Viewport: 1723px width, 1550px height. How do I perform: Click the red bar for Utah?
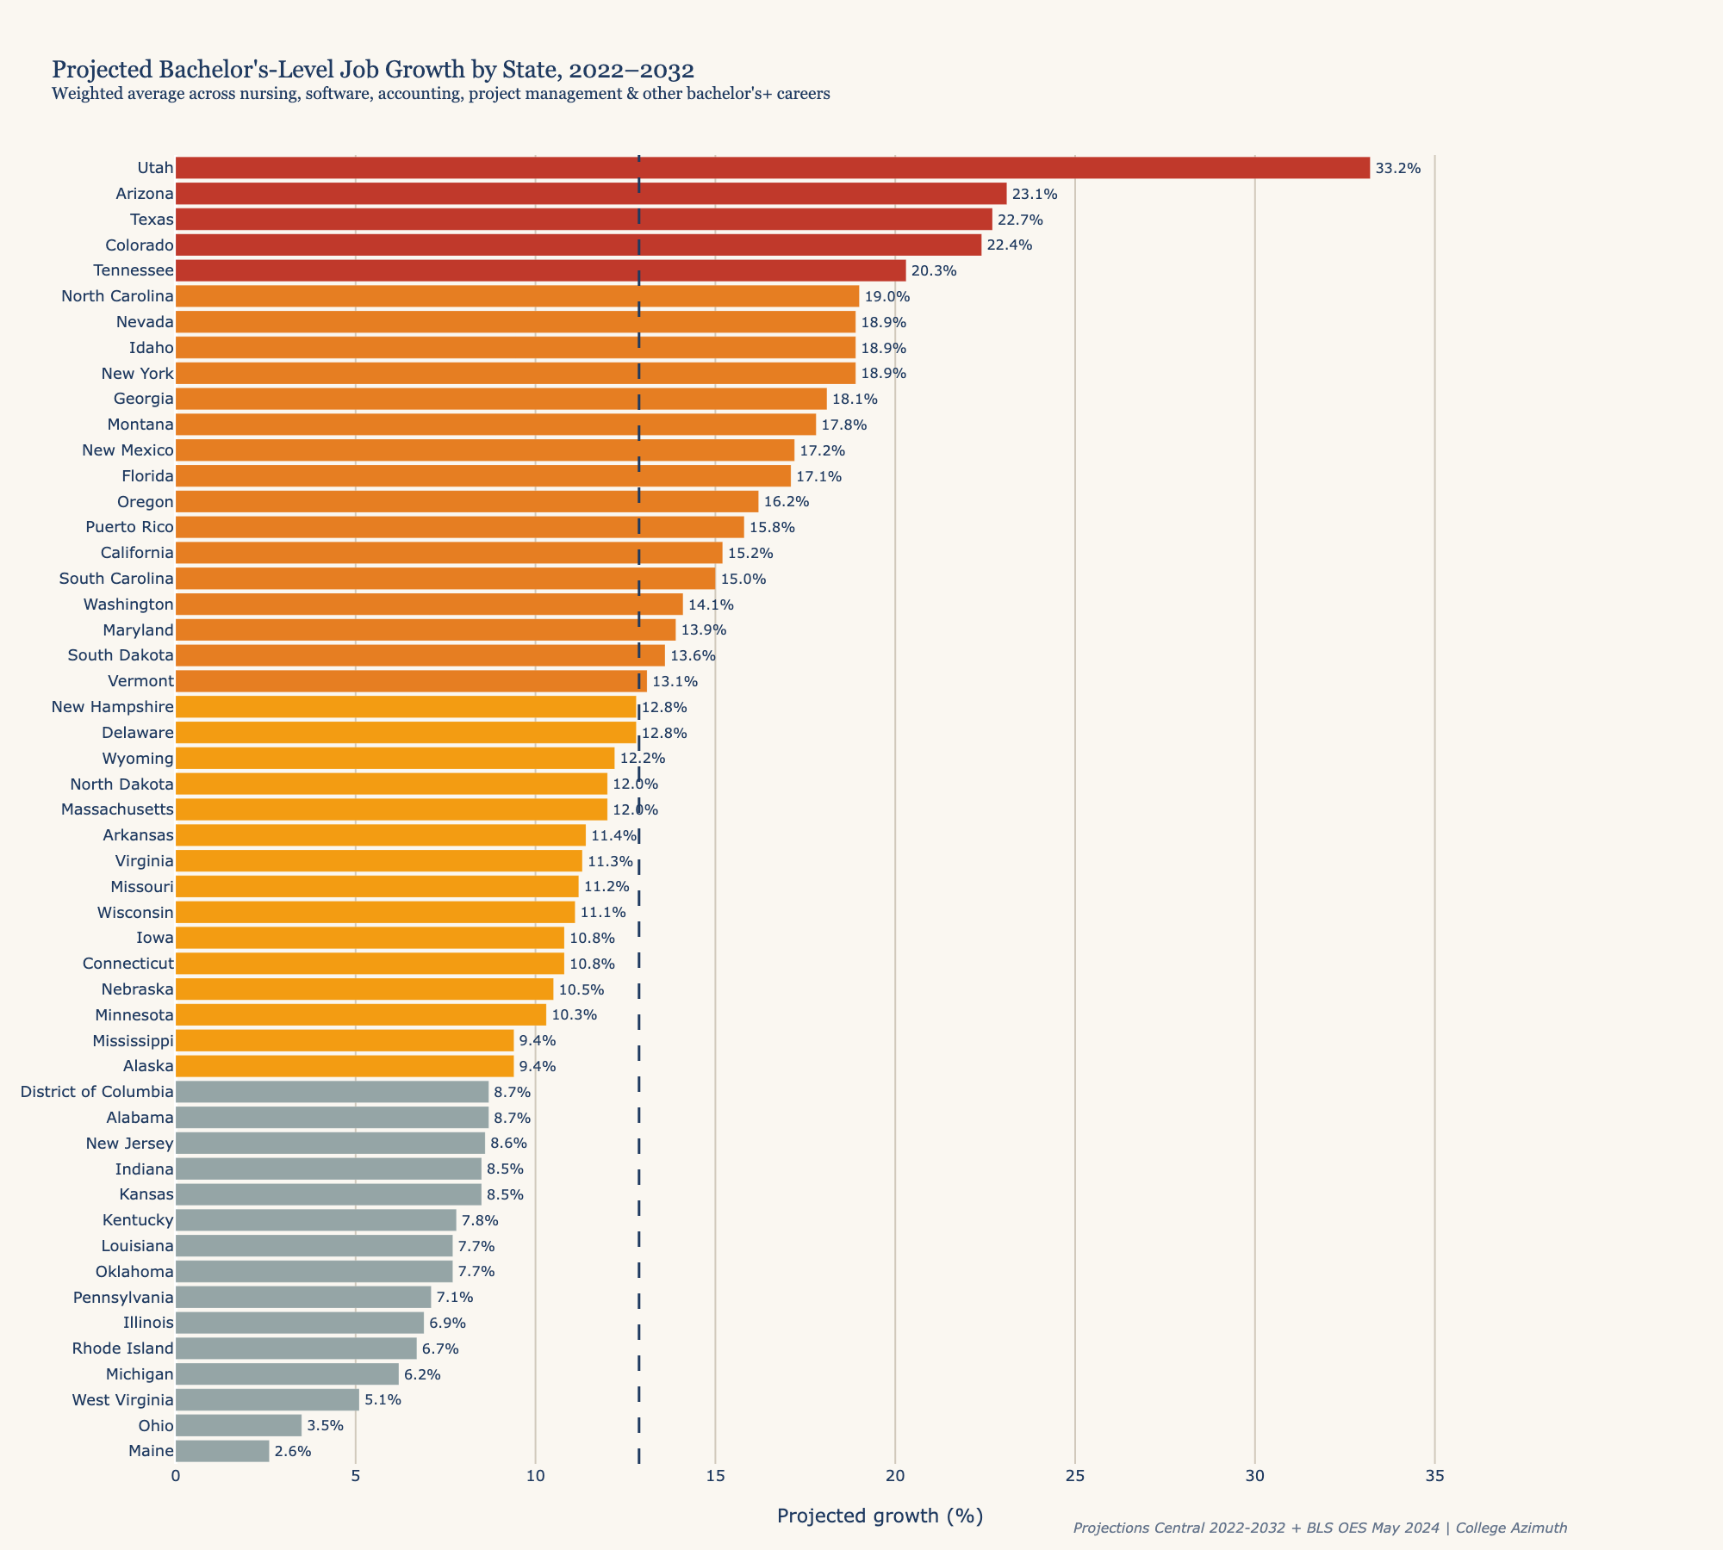[772, 168]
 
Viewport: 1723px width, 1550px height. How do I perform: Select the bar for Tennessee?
[540, 270]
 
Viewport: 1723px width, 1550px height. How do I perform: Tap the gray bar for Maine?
[222, 1451]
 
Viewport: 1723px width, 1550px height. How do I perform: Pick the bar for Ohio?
[239, 1425]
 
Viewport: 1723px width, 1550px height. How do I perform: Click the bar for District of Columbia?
[332, 1092]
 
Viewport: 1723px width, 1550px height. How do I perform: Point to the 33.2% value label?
[1397, 168]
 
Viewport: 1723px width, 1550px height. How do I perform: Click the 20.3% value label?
[934, 270]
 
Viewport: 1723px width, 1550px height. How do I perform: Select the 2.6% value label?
[293, 1451]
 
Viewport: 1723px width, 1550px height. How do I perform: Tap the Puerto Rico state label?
[129, 527]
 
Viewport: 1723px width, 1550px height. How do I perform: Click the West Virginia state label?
[122, 1399]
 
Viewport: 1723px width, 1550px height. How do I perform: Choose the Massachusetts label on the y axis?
[117, 809]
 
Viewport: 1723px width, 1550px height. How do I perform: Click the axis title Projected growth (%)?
[880, 1516]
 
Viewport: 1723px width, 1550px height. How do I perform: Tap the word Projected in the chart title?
[95, 70]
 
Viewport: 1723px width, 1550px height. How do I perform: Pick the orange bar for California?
[448, 553]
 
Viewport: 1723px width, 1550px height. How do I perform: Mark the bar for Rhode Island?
[295, 1348]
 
